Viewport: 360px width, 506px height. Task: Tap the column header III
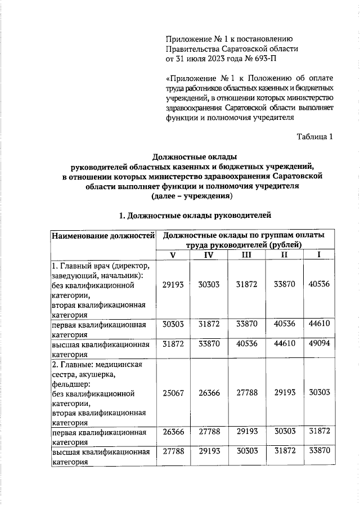247,255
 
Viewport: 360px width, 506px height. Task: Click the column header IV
209,255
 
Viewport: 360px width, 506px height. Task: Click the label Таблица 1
315,136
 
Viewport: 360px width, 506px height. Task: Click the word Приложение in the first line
187,39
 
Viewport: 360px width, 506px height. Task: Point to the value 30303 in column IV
209,285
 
